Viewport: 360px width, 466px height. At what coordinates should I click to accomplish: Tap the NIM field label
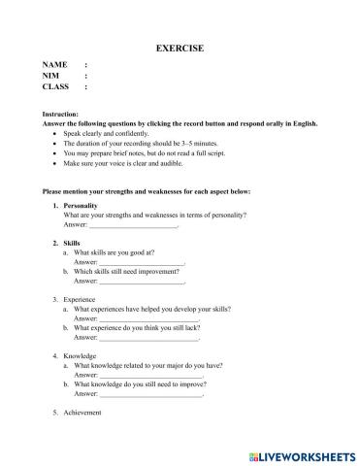(50, 75)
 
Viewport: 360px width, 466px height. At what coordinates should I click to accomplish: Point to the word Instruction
(63, 115)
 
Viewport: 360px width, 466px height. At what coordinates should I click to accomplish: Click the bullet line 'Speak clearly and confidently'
(110, 134)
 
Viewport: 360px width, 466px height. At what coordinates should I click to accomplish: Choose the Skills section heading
(72, 242)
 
